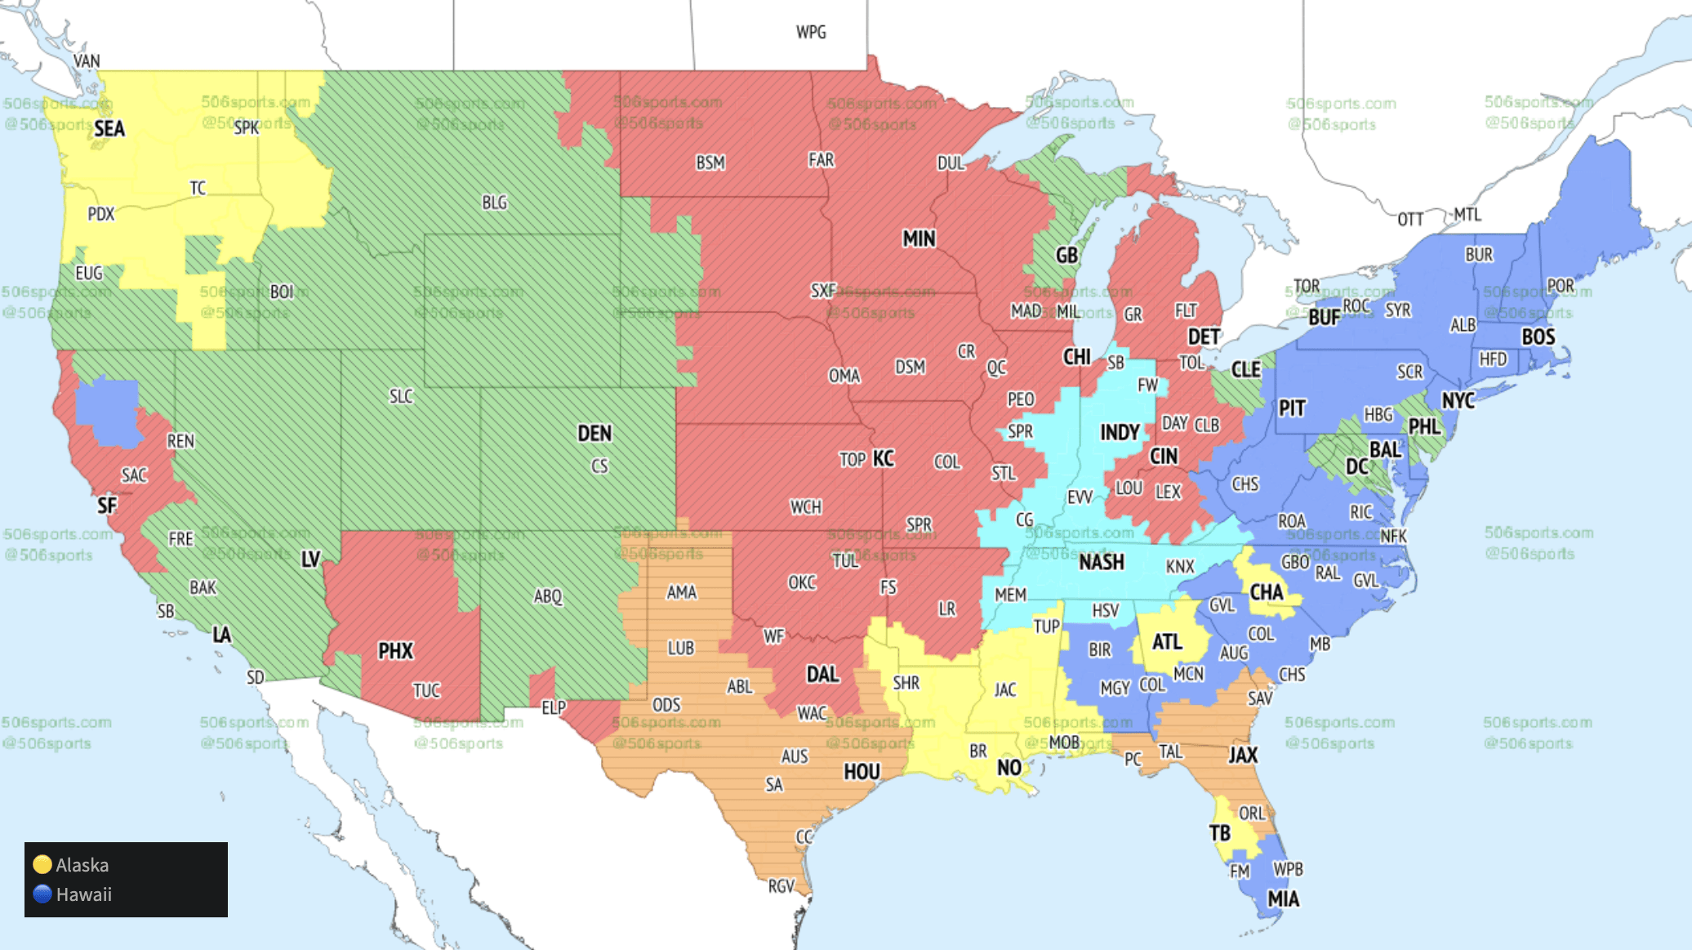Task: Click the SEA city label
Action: point(109,129)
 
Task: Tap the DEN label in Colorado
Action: point(594,434)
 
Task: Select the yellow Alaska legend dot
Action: point(42,864)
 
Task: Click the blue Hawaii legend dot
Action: point(42,894)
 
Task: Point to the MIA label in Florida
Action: point(1283,899)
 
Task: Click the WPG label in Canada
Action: point(811,33)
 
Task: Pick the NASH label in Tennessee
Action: point(1101,563)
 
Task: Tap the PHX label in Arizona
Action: point(395,651)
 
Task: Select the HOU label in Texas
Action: point(862,772)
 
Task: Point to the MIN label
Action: point(919,239)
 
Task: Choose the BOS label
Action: point(1538,337)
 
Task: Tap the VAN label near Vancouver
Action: point(87,61)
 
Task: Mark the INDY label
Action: point(1119,433)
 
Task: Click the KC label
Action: point(884,459)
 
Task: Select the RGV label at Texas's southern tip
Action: point(781,886)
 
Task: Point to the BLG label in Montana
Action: point(494,203)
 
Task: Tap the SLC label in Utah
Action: point(401,397)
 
